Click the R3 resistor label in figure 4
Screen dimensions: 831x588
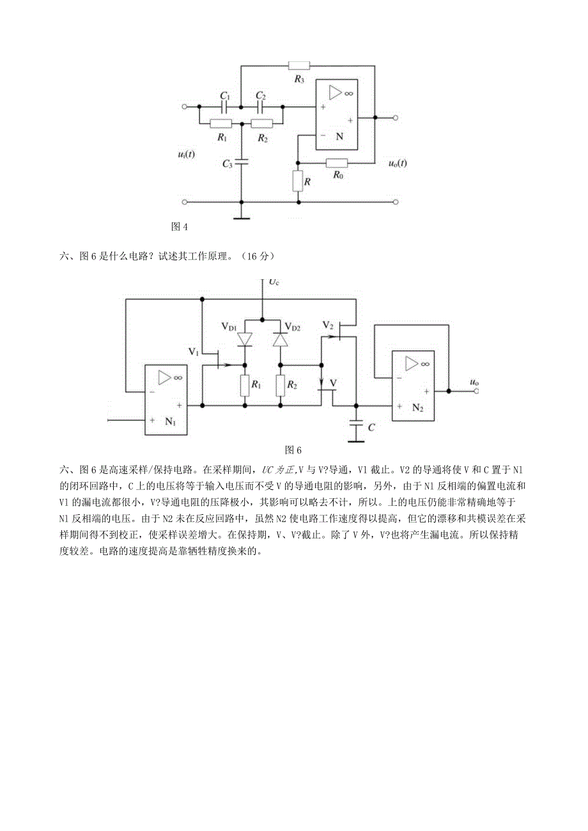tap(299, 79)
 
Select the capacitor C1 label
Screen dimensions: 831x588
tap(224, 95)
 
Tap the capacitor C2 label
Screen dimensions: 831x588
tap(260, 95)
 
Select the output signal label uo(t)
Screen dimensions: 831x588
tap(398, 164)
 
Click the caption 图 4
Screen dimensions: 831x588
tap(180, 226)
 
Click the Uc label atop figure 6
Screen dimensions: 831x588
tap(273, 282)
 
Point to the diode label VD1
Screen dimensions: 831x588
tap(229, 327)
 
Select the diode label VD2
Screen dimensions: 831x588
tap(293, 327)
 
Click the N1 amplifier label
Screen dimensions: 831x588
tap(170, 421)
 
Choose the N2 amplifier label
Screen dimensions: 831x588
tap(418, 408)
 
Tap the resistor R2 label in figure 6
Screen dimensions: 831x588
tap(293, 385)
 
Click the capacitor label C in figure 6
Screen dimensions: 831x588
tap(372, 427)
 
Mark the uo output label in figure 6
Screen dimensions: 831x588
tap(474, 383)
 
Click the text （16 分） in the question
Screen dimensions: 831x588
tap(258, 256)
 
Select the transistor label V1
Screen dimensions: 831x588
tap(194, 351)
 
